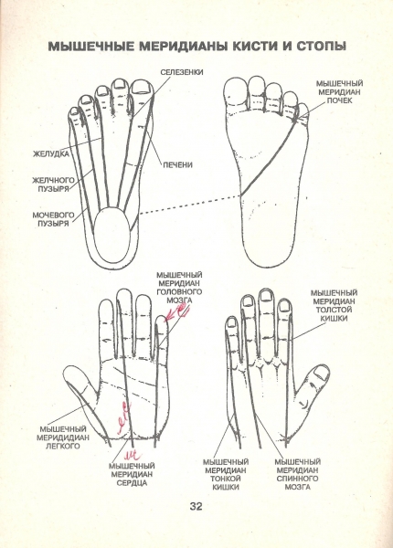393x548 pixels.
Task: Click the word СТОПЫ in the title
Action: coord(322,47)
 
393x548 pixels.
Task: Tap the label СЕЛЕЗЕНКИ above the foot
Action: coord(182,72)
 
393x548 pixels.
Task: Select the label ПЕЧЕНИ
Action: coord(178,164)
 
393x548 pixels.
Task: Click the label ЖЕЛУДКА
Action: coord(51,153)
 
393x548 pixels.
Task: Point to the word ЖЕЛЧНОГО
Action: coord(54,180)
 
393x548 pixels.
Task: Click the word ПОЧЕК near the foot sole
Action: coord(339,100)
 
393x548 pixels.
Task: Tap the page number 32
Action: coord(196,506)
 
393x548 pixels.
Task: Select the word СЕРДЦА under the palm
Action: coord(132,483)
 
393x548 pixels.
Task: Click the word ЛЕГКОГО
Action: coord(63,446)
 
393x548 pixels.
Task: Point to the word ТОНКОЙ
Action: coord(226,479)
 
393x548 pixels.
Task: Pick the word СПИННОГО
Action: coord(297,479)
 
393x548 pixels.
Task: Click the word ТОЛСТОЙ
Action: coord(334,310)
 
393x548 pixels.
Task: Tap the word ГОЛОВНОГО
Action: coord(179,292)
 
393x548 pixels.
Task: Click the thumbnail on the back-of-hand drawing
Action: coord(322,373)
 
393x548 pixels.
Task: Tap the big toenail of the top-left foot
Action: coord(141,87)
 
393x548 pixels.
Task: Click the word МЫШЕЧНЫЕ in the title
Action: coord(90,47)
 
